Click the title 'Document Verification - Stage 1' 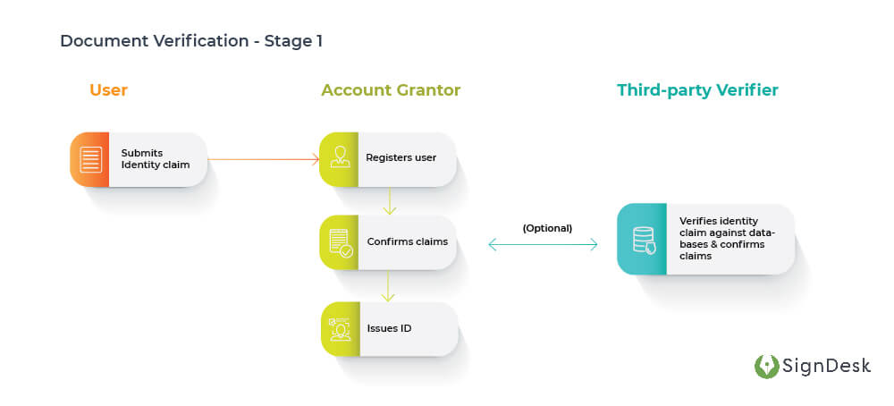tap(191, 41)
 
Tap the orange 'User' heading tap(108, 90)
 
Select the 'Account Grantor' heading tap(391, 90)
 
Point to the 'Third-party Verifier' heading tap(697, 90)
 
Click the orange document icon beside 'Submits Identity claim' tap(90, 160)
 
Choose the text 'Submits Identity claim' tap(156, 159)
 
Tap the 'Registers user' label tap(401, 158)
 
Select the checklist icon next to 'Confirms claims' tap(340, 242)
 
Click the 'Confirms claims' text tap(407, 242)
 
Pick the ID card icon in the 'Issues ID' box tap(340, 329)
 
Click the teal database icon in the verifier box tap(643, 240)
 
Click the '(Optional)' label tap(547, 228)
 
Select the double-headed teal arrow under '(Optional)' tap(543, 244)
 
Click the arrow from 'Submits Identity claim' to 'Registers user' tap(263, 160)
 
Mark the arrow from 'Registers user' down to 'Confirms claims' tap(389, 200)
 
